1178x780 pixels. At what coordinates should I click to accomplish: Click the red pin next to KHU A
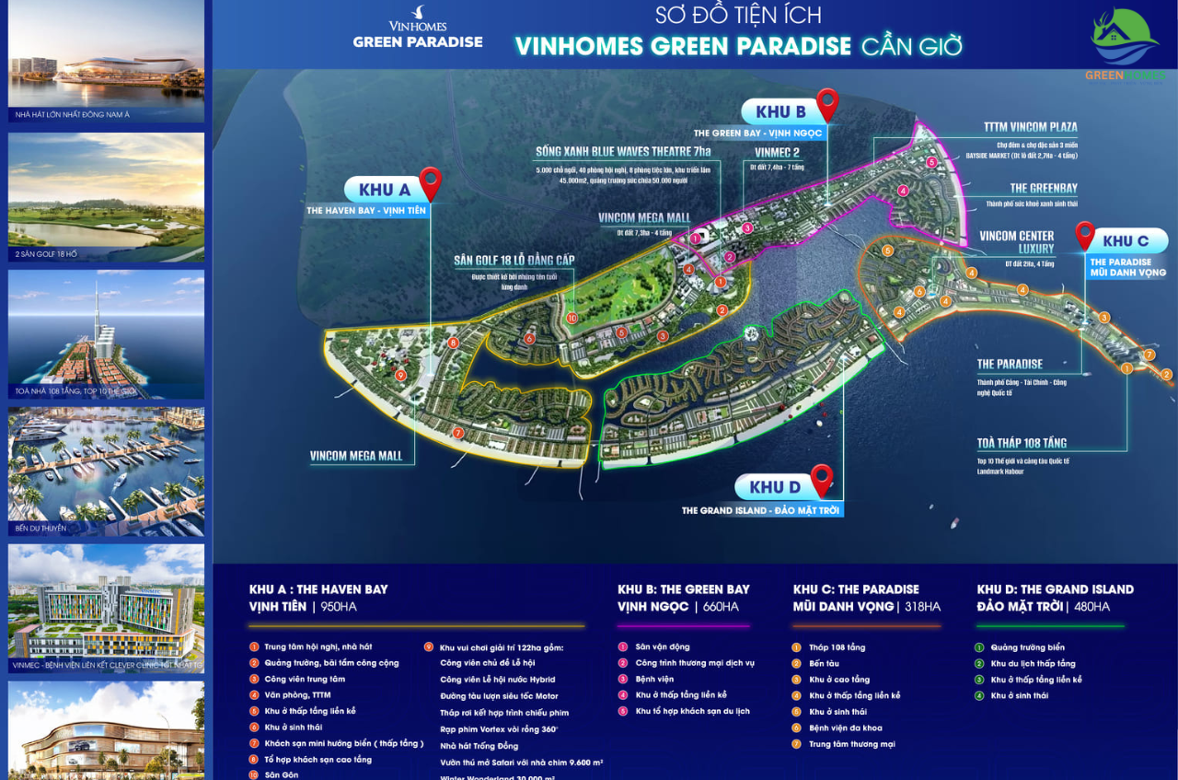(429, 183)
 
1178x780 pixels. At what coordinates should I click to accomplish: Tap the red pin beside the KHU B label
(827, 104)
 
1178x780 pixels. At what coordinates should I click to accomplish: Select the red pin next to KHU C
(1085, 235)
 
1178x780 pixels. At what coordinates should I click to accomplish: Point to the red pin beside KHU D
(821, 479)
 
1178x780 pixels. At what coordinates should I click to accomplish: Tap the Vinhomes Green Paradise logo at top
(418, 30)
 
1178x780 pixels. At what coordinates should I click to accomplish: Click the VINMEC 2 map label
(777, 152)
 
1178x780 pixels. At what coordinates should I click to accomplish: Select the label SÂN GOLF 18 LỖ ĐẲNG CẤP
(514, 261)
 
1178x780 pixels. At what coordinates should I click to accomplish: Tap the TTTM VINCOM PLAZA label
(1030, 127)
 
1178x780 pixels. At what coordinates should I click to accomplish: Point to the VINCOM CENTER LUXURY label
(1016, 242)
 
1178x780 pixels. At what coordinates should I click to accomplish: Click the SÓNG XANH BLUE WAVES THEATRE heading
(623, 151)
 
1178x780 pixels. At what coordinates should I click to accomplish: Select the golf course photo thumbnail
(107, 196)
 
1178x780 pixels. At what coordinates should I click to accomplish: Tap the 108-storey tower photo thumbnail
(107, 333)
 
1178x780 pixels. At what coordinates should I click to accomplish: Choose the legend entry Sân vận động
(662, 647)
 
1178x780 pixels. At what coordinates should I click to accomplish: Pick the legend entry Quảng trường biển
(1027, 647)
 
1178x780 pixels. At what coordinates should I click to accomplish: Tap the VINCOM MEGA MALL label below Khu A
(357, 456)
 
